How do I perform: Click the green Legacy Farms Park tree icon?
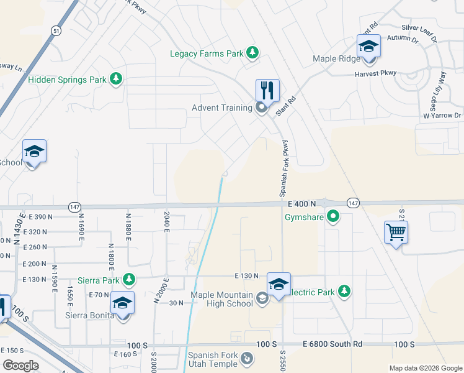(x=252, y=53)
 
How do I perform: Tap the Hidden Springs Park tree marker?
(x=115, y=79)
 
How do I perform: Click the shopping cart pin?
(x=396, y=233)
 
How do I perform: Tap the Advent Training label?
(x=221, y=108)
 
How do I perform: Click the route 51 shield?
(x=56, y=30)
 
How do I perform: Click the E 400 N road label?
(x=302, y=203)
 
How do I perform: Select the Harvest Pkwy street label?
(x=375, y=74)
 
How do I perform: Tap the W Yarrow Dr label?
(x=442, y=116)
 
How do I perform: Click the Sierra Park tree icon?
(x=129, y=280)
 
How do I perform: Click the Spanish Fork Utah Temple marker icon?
(x=247, y=358)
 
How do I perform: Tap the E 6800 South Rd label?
(x=332, y=344)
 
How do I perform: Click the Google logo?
(x=20, y=366)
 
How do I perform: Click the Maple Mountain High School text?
(x=221, y=299)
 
